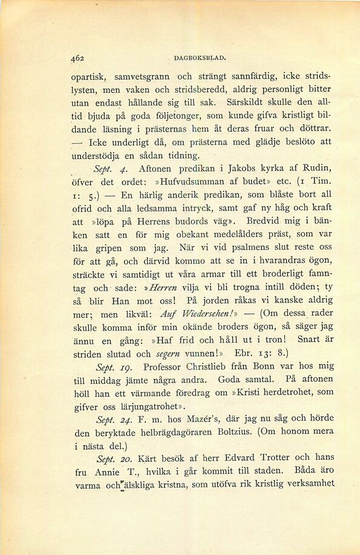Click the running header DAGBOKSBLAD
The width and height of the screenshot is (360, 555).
(x=199, y=59)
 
